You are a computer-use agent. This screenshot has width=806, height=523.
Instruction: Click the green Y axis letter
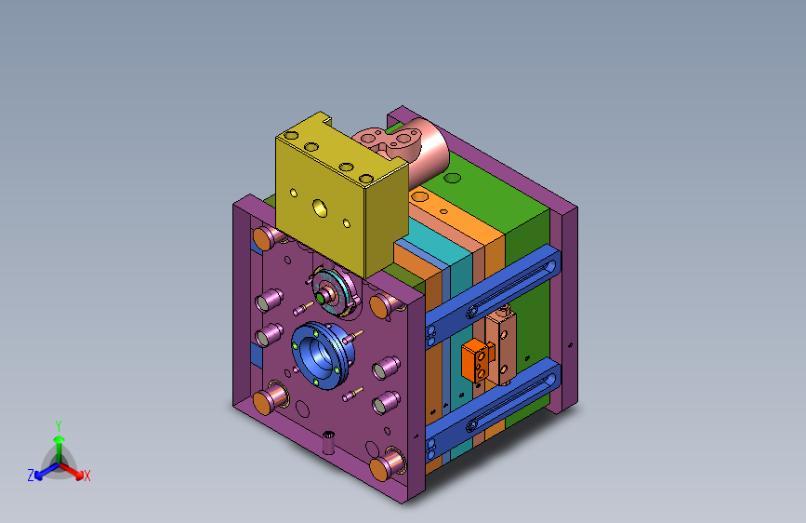[59, 426]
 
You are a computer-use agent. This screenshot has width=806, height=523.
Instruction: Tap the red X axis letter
[86, 476]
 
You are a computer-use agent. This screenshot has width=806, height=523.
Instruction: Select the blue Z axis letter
[31, 476]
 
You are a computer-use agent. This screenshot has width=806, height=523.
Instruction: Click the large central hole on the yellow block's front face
[320, 208]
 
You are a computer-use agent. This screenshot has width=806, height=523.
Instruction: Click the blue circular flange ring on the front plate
[323, 355]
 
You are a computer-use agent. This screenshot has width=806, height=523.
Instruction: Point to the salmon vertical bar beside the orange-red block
[500, 346]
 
